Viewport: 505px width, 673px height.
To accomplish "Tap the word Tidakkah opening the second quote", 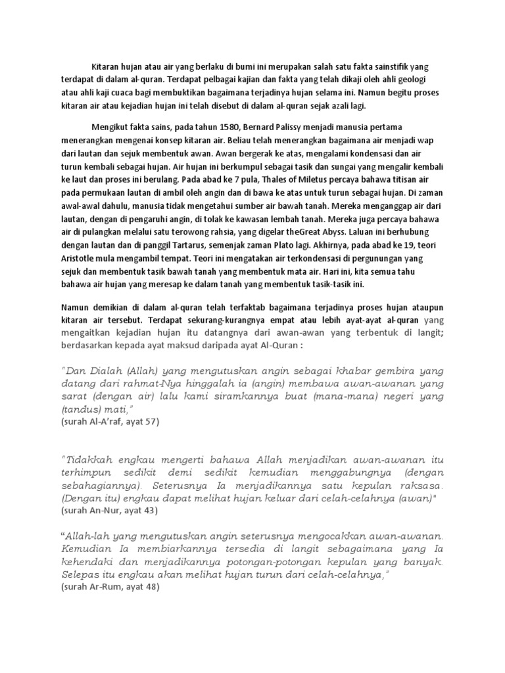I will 88,458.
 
